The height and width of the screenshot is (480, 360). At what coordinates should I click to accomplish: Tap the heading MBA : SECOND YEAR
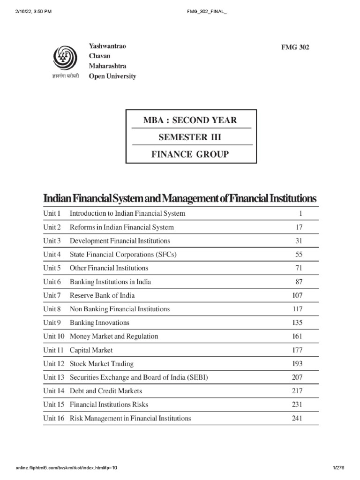(x=190, y=120)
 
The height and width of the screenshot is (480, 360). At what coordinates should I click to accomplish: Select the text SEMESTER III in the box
(x=190, y=137)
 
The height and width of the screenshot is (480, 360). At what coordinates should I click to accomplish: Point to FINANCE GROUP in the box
(x=190, y=154)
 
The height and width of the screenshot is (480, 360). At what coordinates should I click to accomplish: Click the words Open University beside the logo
(x=112, y=76)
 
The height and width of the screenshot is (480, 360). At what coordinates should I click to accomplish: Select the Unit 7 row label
(x=52, y=295)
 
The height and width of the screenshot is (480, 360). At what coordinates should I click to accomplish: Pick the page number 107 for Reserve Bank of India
(x=297, y=295)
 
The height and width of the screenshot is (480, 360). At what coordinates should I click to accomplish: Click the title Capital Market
(x=91, y=350)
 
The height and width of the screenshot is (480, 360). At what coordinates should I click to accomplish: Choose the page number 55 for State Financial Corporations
(x=299, y=255)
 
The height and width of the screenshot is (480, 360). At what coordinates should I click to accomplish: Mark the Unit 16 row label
(x=53, y=418)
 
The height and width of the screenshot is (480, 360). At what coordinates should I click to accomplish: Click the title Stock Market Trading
(x=101, y=363)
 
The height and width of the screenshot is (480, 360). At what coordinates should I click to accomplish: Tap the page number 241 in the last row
(x=297, y=418)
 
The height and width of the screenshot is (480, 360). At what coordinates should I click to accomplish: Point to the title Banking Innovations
(x=99, y=322)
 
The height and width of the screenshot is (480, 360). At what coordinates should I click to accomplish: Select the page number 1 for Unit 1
(x=301, y=213)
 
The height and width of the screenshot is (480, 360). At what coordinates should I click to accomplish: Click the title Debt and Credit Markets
(x=105, y=390)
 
